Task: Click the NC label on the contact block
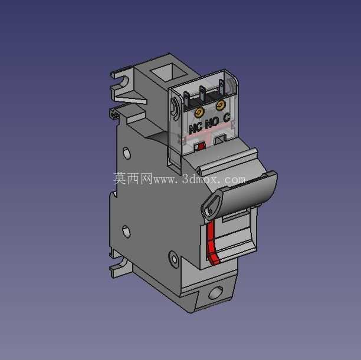(195, 128)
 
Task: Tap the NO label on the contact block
(212, 123)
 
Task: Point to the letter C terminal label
(227, 118)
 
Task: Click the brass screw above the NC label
(199, 113)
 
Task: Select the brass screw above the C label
(221, 105)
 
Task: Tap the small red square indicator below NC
(201, 146)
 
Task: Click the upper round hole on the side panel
(126, 153)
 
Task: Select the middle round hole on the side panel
(126, 232)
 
